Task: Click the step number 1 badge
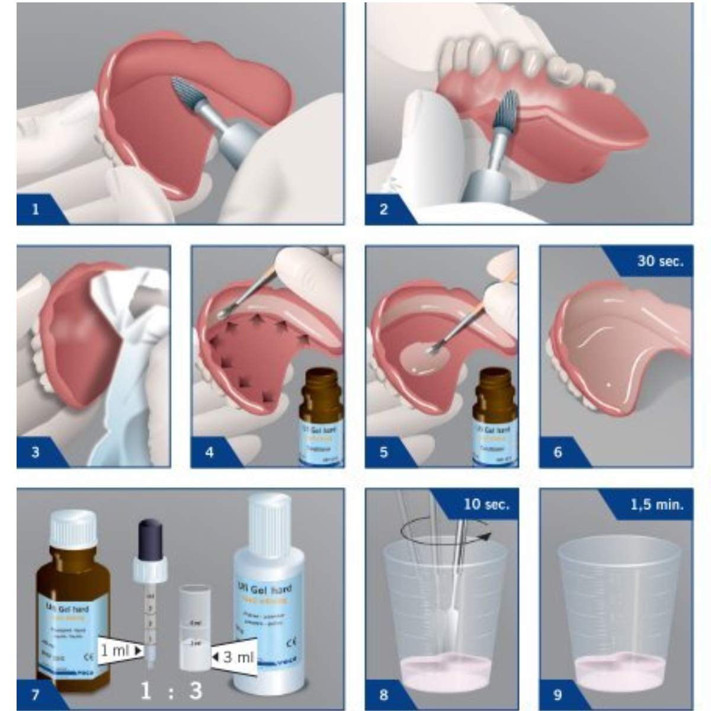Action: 35,209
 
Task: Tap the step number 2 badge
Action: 383,209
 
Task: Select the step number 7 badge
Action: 35,694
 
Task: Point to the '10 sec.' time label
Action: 486,504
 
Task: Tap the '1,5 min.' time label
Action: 656,504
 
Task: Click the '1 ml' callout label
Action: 116,650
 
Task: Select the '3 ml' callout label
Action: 236,657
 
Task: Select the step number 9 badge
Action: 558,694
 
